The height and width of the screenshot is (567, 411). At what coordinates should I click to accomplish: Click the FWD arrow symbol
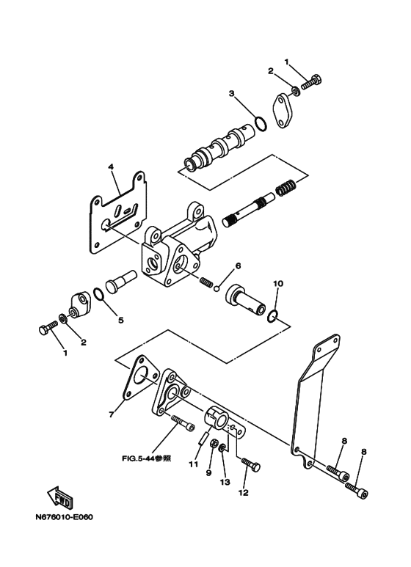(60, 497)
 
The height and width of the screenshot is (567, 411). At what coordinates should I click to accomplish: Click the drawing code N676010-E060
(64, 517)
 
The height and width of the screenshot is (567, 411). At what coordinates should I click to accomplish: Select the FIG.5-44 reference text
(146, 458)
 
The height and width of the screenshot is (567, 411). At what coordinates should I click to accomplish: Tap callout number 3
(231, 94)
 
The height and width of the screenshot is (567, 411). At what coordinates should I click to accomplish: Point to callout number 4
(111, 167)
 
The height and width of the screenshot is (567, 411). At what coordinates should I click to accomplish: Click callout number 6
(238, 266)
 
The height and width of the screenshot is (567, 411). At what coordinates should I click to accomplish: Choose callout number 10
(278, 283)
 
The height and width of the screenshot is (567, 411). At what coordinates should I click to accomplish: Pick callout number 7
(112, 414)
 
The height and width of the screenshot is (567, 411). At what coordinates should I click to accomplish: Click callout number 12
(244, 492)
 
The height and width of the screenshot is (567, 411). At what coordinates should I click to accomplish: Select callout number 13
(225, 483)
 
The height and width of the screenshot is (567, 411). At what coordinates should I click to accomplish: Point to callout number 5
(121, 320)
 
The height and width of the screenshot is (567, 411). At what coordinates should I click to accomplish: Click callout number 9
(208, 473)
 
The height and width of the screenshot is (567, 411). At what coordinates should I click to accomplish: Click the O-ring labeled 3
(261, 123)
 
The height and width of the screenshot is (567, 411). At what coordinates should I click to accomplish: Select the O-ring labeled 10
(272, 315)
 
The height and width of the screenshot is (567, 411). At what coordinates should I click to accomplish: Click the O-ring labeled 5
(99, 294)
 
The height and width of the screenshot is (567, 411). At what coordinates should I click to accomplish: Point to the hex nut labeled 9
(214, 442)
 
